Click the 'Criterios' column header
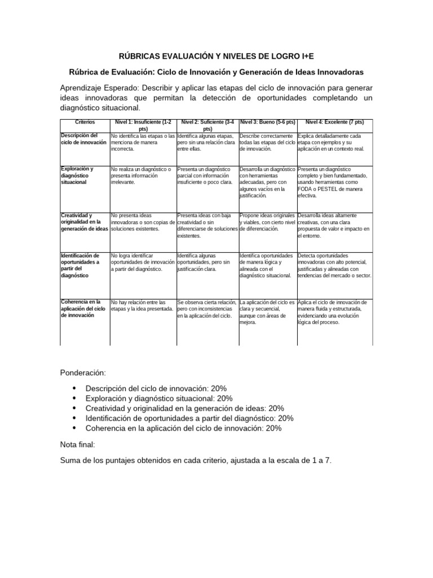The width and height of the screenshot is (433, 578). point(85,122)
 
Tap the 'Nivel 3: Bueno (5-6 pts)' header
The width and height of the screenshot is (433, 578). point(268,122)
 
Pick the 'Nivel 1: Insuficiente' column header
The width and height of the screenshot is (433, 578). point(143,125)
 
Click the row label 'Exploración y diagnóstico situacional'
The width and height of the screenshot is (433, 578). point(79,176)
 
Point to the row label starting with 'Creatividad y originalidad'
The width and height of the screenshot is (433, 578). point(84,222)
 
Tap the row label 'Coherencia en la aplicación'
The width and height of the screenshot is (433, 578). point(83,308)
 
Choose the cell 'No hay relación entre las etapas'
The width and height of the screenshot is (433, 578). point(142,305)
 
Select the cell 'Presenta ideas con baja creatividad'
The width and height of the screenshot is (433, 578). point(207,225)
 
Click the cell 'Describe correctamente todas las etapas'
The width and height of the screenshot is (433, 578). point(267,142)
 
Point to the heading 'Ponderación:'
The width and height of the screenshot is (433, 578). point(82,373)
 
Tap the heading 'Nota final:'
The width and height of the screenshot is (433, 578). point(78,444)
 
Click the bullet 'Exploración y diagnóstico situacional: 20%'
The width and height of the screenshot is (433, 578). point(155,398)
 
